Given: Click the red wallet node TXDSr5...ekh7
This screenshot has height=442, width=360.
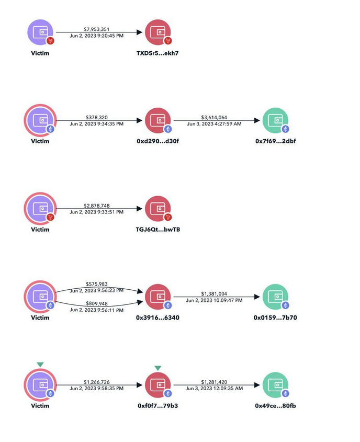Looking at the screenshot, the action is pos(158,32).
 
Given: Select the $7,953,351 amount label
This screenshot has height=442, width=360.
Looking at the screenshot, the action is pos(96,29).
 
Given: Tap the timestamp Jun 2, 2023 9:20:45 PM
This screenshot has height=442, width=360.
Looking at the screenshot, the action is pos(96,36).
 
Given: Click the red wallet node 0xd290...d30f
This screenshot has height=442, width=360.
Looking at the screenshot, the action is pos(158,120).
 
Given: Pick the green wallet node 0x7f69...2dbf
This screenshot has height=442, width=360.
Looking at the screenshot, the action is pos(275,120).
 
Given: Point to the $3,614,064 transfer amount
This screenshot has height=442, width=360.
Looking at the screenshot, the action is pos(214,117).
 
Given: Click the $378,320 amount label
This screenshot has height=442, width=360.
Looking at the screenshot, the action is pos(97,117).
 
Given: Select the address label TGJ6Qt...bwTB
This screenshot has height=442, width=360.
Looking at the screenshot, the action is pos(158,230).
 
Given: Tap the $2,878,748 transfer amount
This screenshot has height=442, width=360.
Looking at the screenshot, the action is pos(97,206).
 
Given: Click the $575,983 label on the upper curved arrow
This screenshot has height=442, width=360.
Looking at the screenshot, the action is pos(97,284).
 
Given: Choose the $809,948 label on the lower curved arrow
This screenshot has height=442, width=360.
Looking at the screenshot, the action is pos(97,303).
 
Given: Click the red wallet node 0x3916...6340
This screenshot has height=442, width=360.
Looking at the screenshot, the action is pos(158,297).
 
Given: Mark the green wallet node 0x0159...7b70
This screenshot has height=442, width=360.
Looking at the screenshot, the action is pos(275,297).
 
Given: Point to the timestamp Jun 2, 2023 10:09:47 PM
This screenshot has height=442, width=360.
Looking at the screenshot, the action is pos(214,300).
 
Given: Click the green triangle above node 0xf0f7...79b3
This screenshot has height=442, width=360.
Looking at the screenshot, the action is pos(158,368).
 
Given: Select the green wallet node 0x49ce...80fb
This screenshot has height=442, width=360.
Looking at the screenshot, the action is pos(275,385).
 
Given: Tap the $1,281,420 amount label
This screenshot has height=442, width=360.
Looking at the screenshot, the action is pos(214,382).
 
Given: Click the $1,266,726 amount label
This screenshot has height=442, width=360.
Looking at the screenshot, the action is pos(97,382).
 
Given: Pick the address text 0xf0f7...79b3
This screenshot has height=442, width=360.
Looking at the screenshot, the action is pos(158,406).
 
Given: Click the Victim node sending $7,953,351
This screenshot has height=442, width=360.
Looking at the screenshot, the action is pos(40,32).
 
